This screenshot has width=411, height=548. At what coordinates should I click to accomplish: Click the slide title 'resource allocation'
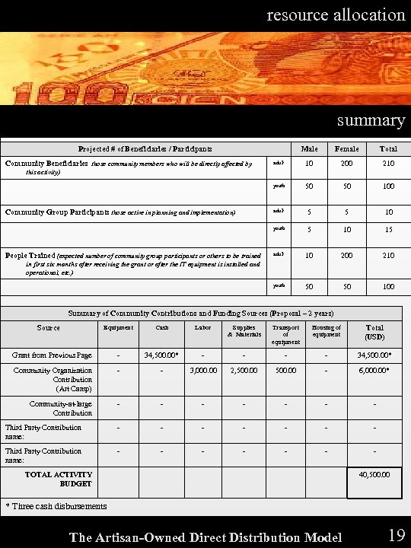click(x=336, y=14)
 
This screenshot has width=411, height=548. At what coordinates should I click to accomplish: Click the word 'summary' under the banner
click(x=371, y=120)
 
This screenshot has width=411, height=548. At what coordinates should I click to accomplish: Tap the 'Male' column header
click(x=310, y=148)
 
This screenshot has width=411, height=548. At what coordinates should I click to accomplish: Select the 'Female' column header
click(x=348, y=148)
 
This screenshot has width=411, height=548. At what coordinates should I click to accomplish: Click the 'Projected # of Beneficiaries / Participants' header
click(x=145, y=148)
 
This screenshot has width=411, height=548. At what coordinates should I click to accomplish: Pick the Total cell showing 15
click(x=389, y=228)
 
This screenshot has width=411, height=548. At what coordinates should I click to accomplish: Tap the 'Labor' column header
click(x=202, y=327)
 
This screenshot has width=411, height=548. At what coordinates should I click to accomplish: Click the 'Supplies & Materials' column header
click(x=244, y=330)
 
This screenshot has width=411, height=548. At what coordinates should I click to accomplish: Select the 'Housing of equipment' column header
click(x=326, y=330)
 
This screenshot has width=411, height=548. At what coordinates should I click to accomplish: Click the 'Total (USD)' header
click(x=374, y=332)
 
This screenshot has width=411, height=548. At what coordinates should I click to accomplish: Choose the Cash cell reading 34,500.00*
click(x=161, y=355)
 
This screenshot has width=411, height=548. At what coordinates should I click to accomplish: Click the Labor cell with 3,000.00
click(x=202, y=371)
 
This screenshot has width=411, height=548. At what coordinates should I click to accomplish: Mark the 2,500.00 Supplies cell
click(x=244, y=371)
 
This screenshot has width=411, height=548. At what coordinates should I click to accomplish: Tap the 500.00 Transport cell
click(x=285, y=371)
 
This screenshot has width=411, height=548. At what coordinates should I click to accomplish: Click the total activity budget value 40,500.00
click(x=374, y=473)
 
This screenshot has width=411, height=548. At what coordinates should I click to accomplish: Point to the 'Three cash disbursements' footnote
click(x=56, y=506)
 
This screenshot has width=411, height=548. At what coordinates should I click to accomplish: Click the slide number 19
click(x=396, y=535)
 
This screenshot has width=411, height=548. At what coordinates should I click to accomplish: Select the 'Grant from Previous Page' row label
click(x=52, y=355)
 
